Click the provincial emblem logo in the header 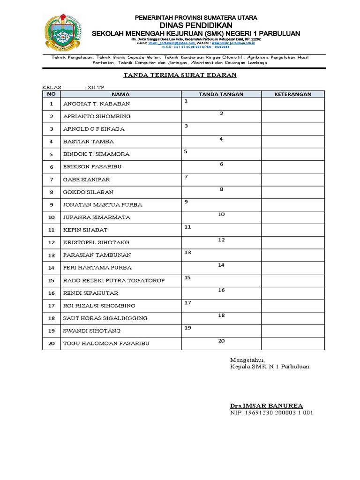pyautogui.click(x=62, y=32)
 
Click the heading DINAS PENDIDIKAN pyautogui.click(x=196, y=25)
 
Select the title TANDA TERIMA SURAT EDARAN pyautogui.click(x=180, y=75)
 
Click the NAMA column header pyautogui.click(x=120, y=94)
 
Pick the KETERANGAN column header pyautogui.click(x=292, y=94)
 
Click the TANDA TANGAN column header pyautogui.click(x=221, y=94)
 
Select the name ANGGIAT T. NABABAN pyautogui.click(x=96, y=104)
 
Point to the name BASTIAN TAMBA pyautogui.click(x=88, y=142)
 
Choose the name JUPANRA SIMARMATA pyautogui.click(x=96, y=217)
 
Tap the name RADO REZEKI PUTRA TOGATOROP pyautogui.click(x=114, y=280)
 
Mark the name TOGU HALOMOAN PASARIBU pyautogui.click(x=106, y=344)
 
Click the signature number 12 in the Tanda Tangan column pyautogui.click(x=221, y=240)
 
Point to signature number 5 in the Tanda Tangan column pyautogui.click(x=186, y=151)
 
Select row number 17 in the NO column pyautogui.click(x=52, y=306)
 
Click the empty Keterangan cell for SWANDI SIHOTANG pyautogui.click(x=292, y=331)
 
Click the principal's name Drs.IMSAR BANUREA pyautogui.click(x=266, y=405)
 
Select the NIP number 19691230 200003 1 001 pyautogui.click(x=271, y=413)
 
